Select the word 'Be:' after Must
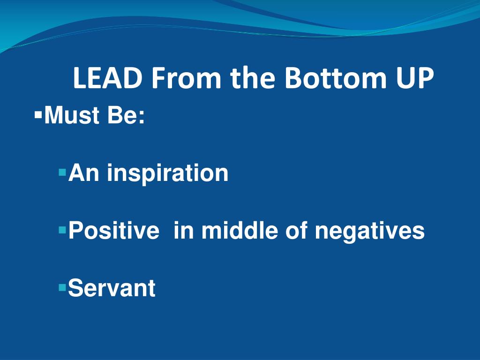[126, 115]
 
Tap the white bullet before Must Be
[38, 114]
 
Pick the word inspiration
[167, 174]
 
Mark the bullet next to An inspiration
[62, 172]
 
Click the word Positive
[113, 231]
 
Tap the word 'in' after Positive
[183, 231]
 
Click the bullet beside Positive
[62, 230]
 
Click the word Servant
[112, 288]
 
